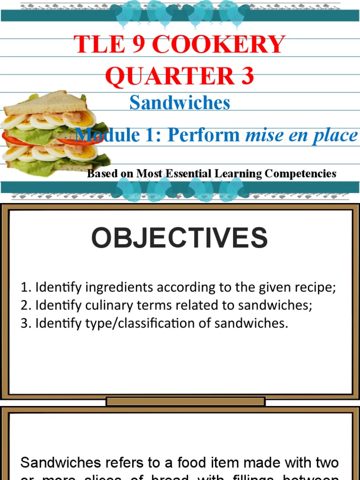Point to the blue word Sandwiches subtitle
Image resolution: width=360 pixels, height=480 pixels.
(180, 103)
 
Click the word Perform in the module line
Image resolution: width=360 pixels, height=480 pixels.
(203, 135)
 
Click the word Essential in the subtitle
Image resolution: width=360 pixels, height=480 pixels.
(186, 173)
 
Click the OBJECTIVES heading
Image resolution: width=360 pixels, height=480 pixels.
(180, 238)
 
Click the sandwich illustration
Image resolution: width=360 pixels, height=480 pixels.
(52, 134)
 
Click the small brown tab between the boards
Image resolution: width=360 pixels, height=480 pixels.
(186, 401)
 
